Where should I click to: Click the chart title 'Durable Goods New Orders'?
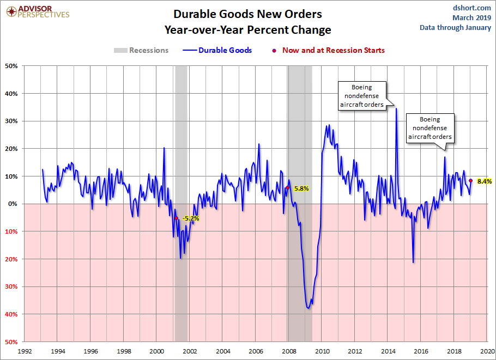[248, 14]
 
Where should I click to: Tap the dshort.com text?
[472, 8]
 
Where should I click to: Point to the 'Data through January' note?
[455, 28]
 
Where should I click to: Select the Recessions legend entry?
[141, 50]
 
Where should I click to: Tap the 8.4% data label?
[485, 181]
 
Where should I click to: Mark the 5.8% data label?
[301, 188]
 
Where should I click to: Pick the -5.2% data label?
[191, 218]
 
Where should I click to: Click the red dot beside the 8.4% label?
[470, 181]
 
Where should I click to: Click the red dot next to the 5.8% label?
[287, 188]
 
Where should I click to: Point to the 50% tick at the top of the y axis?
[11, 66]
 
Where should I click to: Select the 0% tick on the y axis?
[14, 204]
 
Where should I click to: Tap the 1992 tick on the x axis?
[25, 351]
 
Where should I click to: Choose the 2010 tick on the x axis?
[322, 351]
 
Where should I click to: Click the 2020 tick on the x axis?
[488, 351]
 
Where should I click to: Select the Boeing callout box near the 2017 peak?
[430, 128]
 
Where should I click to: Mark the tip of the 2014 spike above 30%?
[396, 108]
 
